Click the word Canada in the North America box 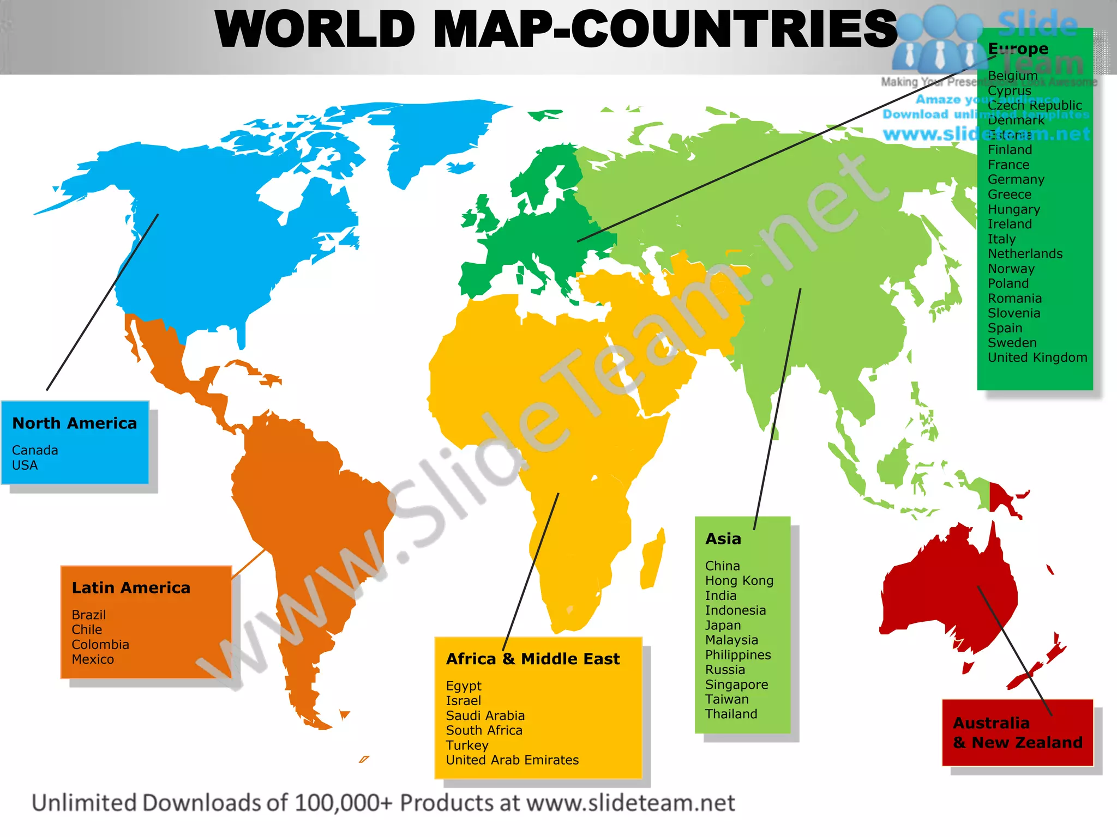pos(35,450)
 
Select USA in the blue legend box pos(25,465)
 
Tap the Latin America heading pos(131,587)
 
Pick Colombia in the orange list pos(100,645)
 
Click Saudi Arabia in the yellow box pos(485,715)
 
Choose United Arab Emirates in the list pos(512,760)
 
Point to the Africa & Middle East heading pos(533,659)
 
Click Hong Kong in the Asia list pos(739,581)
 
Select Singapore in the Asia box pos(736,684)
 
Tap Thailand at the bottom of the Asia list pos(731,714)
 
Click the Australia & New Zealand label pos(1017,732)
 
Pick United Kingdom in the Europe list pos(1037,357)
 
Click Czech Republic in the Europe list pos(1035,105)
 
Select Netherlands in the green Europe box pos(1025,254)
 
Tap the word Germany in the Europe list pos(1016,179)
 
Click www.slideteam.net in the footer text pos(630,803)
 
